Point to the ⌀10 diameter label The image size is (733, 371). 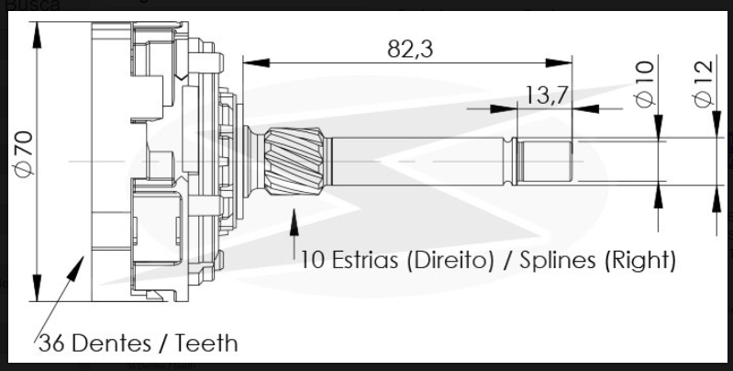646,84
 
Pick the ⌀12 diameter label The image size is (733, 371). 703,84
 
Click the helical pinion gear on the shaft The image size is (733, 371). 294,161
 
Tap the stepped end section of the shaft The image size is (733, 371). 543,161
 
